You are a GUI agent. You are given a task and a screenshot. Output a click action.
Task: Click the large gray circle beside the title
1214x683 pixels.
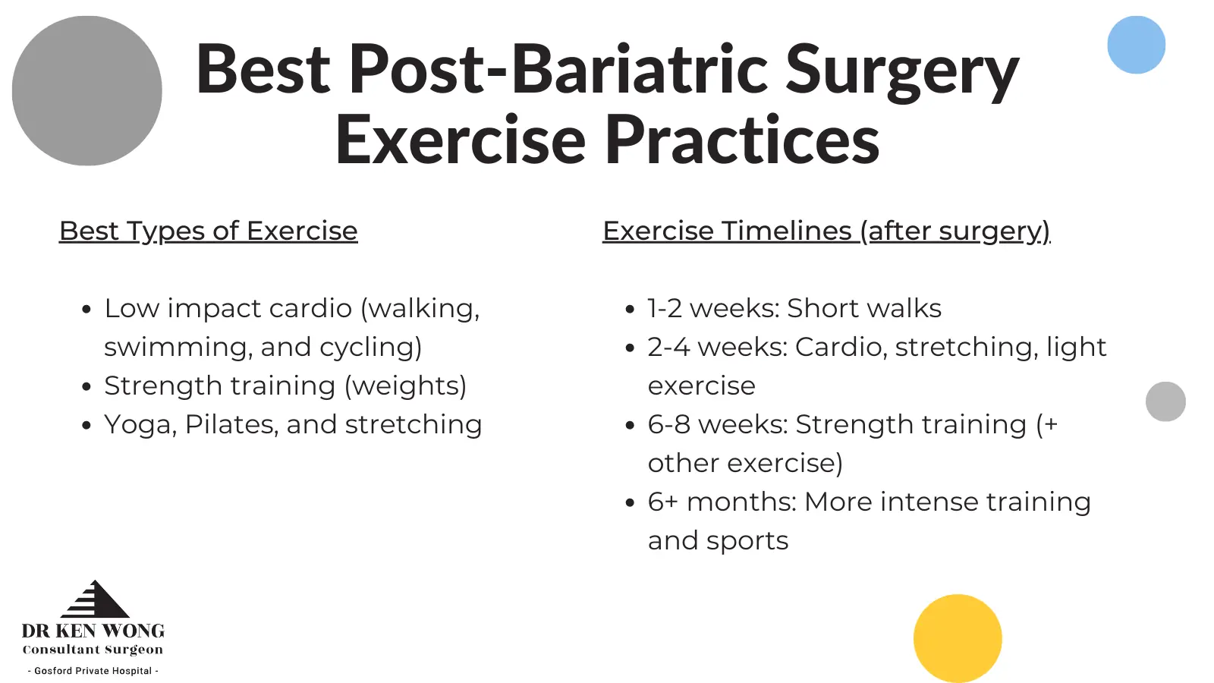86,90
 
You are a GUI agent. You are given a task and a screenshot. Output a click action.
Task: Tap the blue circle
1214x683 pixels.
1136,45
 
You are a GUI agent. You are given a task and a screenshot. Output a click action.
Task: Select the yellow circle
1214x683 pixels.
958,638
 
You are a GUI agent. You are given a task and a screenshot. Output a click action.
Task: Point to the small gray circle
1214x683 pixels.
1165,401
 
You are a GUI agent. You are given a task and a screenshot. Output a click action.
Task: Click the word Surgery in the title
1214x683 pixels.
902,71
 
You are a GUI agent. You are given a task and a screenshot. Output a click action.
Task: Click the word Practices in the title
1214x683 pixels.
742,139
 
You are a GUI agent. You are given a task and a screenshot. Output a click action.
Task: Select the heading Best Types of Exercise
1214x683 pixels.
208,231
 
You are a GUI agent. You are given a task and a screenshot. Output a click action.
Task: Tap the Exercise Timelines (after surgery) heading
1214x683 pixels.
826,231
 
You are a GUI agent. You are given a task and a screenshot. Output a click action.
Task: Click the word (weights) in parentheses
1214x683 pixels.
406,386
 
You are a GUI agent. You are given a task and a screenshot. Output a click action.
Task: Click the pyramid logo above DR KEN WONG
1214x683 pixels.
96,599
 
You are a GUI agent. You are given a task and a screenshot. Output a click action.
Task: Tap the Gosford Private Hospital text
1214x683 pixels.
93,671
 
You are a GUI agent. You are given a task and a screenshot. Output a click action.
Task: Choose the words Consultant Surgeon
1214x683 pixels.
93,650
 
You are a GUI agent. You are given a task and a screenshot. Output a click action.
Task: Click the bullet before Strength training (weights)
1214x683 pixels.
86,387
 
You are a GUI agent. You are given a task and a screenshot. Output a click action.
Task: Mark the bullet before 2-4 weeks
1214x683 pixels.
630,348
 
